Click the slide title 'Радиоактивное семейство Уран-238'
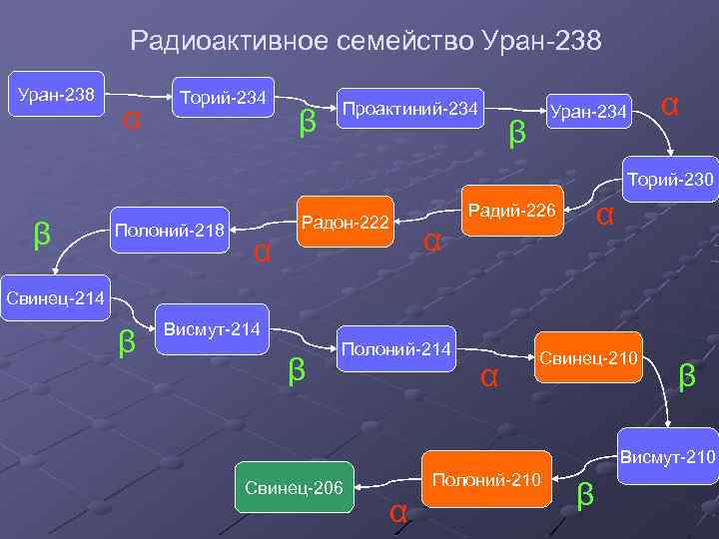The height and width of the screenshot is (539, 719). click(365, 42)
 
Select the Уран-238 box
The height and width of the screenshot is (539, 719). click(57, 96)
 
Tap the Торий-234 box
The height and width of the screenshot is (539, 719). click(222, 98)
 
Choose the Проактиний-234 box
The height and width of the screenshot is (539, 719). click(409, 108)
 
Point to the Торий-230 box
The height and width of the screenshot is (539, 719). click(670, 180)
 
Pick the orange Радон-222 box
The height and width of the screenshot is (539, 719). click(345, 222)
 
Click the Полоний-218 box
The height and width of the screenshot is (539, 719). click(170, 230)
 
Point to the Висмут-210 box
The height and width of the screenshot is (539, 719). click(667, 458)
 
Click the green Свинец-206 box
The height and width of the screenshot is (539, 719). click(294, 487)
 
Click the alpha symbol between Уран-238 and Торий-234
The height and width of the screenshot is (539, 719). click(130, 120)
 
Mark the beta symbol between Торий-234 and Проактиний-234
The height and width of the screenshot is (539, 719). click(308, 122)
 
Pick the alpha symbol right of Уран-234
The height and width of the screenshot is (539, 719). click(671, 104)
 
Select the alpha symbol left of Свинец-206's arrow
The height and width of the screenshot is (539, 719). click(397, 512)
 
